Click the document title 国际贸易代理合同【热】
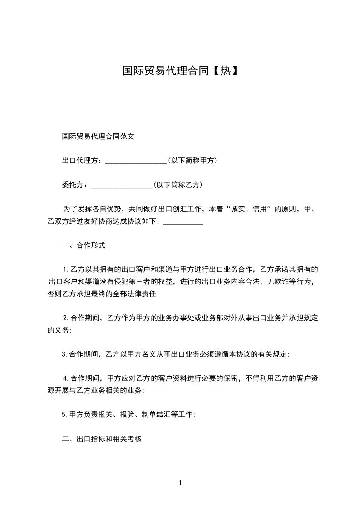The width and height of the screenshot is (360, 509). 180,71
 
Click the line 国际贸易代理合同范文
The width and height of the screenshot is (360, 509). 98,136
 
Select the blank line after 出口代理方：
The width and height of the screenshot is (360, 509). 136,161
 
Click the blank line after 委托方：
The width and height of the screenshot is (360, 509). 122,186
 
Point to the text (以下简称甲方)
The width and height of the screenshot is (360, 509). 192,161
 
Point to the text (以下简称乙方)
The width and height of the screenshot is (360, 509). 178,185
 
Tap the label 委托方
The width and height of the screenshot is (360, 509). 73,185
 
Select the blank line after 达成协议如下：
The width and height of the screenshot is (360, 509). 183,222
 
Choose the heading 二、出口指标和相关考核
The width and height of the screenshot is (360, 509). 102,439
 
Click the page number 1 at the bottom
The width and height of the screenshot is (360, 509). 180,483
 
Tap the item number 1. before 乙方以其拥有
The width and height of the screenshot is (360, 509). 65,270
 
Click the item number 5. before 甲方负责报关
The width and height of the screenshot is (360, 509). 64,415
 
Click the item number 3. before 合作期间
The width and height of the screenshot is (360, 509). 64,354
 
